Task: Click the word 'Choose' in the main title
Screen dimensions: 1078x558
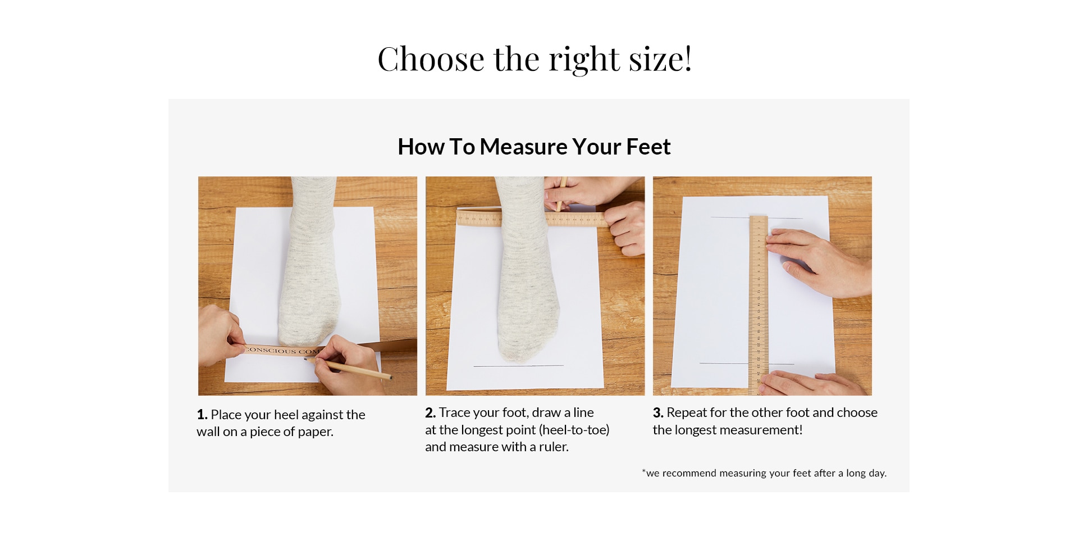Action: (x=431, y=59)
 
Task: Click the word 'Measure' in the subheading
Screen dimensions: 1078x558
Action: (x=524, y=147)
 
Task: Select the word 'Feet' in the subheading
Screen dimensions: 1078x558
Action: (x=648, y=147)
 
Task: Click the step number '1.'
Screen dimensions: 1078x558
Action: (x=202, y=415)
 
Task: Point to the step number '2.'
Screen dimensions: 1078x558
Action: (x=431, y=412)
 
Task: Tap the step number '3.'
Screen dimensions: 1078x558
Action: (x=658, y=412)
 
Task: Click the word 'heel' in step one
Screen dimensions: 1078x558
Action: (x=286, y=415)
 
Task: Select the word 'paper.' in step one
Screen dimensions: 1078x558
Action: (x=316, y=432)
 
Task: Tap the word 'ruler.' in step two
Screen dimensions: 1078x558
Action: (x=554, y=447)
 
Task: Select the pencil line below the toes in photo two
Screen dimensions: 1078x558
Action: (x=518, y=366)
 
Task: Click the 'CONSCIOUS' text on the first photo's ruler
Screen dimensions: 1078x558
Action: (x=271, y=350)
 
